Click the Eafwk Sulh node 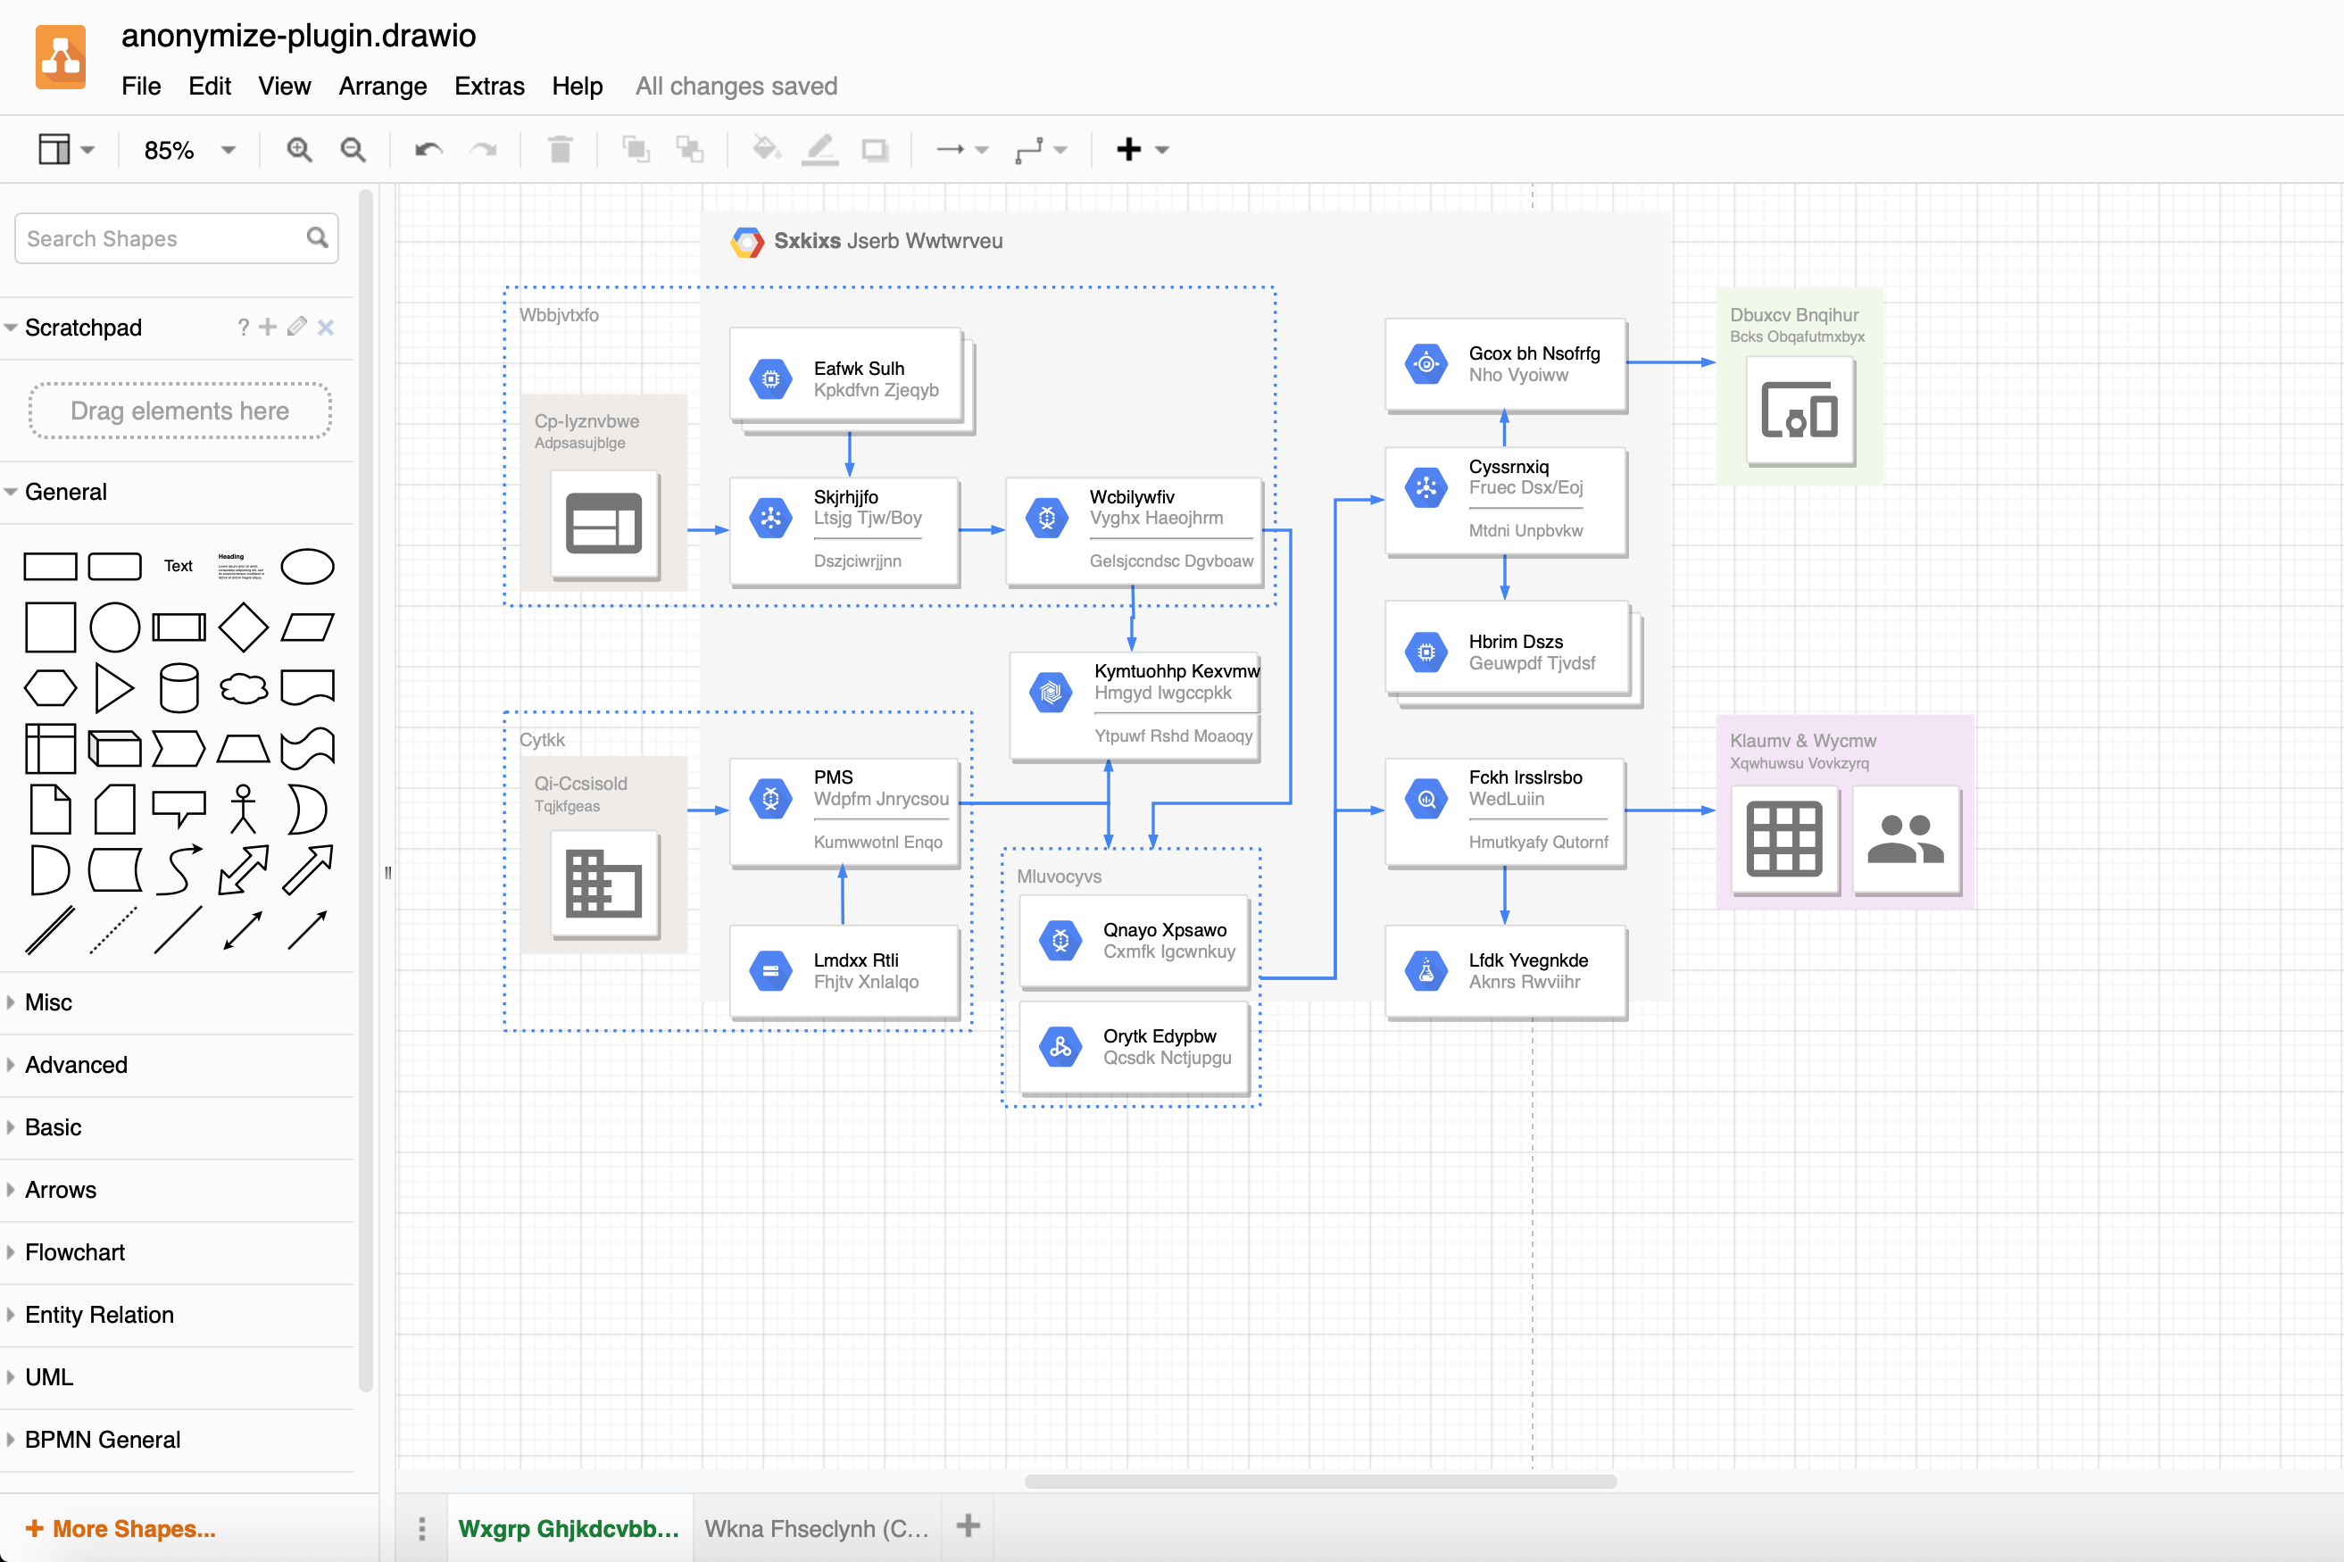point(847,378)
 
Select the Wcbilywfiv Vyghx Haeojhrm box point(1134,530)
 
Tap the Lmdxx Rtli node point(844,971)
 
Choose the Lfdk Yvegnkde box point(1505,971)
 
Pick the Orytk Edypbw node point(1135,1047)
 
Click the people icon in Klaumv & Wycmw point(1905,839)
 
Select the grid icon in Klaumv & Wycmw point(1783,839)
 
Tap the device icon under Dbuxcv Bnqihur point(1800,411)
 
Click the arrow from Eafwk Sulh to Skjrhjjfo point(850,453)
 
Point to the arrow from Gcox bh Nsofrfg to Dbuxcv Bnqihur point(1671,362)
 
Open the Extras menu point(489,87)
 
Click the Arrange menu point(383,87)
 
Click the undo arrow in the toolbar point(428,151)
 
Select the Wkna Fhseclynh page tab point(816,1528)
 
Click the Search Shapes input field point(164,239)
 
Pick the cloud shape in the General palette point(243,687)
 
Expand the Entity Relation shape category point(100,1315)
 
